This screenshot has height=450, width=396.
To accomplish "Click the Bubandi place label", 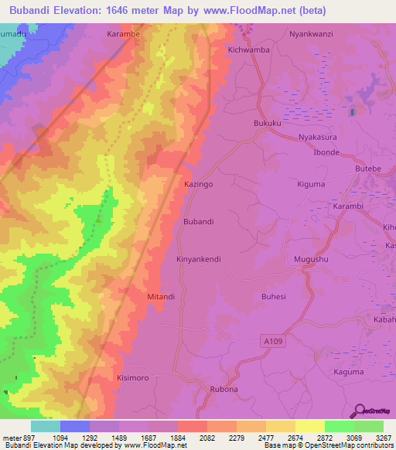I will click(x=198, y=222).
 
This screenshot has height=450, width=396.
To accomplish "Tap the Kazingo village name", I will click(x=198, y=185).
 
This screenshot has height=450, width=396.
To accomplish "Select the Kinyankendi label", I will click(x=199, y=259).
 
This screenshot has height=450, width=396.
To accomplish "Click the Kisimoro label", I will click(x=131, y=378).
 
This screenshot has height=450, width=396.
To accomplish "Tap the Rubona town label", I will click(x=227, y=389).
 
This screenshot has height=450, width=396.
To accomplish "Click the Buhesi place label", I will click(x=274, y=296).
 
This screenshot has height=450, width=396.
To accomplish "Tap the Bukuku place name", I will click(x=267, y=123).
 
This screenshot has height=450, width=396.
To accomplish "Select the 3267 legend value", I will click(x=383, y=437).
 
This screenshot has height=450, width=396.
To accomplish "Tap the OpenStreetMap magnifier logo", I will click(x=359, y=411).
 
